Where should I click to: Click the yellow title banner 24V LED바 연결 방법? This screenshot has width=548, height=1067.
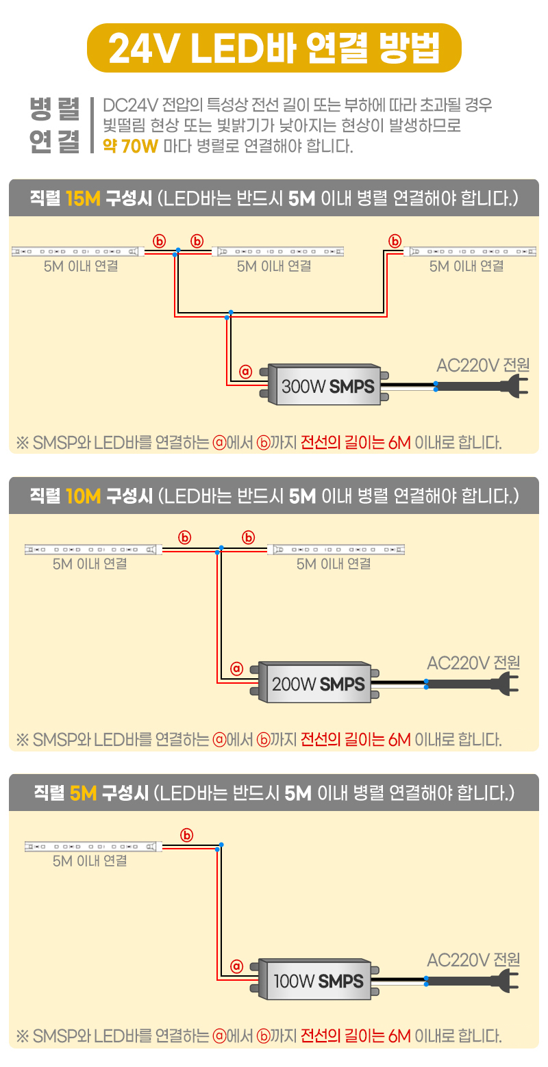click(x=274, y=48)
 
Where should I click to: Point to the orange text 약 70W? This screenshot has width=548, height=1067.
click(x=130, y=146)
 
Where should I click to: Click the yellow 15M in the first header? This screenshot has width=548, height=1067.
click(x=84, y=198)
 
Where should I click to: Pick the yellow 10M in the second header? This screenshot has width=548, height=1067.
click(x=84, y=496)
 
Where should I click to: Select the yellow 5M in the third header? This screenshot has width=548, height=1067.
click(x=84, y=793)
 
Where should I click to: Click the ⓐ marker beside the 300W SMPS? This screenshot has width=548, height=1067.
click(x=246, y=372)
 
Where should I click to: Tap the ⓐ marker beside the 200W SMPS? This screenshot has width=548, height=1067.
click(x=237, y=667)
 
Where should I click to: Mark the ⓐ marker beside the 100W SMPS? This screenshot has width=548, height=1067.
click(x=237, y=966)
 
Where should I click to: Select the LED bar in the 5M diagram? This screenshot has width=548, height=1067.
click(x=92, y=847)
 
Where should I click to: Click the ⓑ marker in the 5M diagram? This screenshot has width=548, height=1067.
click(x=187, y=834)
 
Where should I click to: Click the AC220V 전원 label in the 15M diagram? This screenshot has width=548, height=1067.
click(x=483, y=365)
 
